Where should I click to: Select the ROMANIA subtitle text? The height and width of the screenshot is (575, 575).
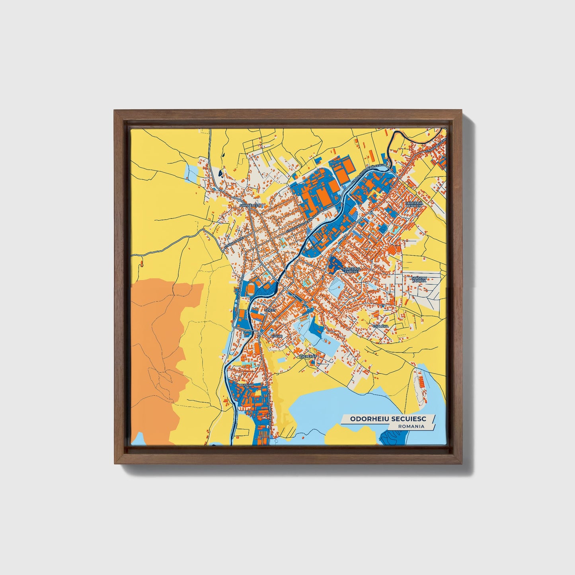411,426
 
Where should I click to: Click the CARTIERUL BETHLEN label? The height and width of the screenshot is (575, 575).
413,204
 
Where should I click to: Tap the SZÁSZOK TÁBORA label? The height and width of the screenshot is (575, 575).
419,279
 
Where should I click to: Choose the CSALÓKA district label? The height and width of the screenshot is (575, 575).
380,326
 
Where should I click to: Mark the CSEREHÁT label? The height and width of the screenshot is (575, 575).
307,357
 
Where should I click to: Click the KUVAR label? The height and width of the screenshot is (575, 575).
276,336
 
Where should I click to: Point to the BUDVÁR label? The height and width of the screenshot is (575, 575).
247,385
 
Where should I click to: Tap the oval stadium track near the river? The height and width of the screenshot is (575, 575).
251,288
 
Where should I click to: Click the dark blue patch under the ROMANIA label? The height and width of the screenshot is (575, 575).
394,438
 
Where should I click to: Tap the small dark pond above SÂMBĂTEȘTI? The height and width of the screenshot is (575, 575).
220,173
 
